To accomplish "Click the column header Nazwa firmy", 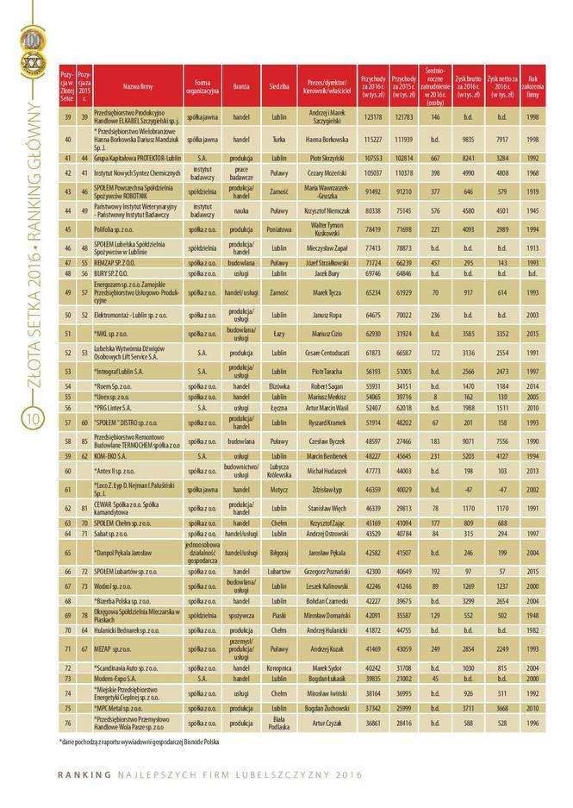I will [x=138, y=87].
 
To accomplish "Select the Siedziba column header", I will [x=278, y=87].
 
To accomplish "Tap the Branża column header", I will [x=241, y=87].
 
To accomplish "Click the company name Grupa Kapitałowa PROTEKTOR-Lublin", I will [x=137, y=159].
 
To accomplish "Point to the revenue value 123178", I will [x=372, y=116].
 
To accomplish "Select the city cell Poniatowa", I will [x=278, y=230].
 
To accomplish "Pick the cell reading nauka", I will [x=241, y=209].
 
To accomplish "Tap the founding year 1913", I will [x=533, y=247].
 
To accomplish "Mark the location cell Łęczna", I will [x=278, y=407].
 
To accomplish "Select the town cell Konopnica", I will [x=278, y=667].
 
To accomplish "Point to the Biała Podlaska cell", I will [x=278, y=723].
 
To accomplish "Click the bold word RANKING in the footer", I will [x=84, y=773].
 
